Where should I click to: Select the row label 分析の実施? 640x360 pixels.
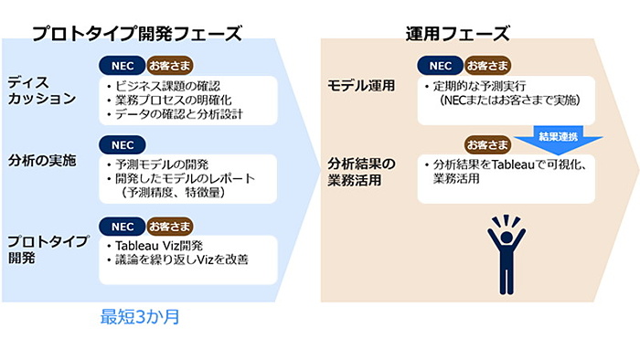click(42, 160)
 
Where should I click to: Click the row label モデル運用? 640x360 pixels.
click(361, 86)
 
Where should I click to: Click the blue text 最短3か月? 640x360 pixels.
click(138, 318)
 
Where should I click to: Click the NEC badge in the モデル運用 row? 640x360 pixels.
click(440, 66)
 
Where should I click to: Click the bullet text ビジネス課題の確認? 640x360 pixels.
click(168, 85)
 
